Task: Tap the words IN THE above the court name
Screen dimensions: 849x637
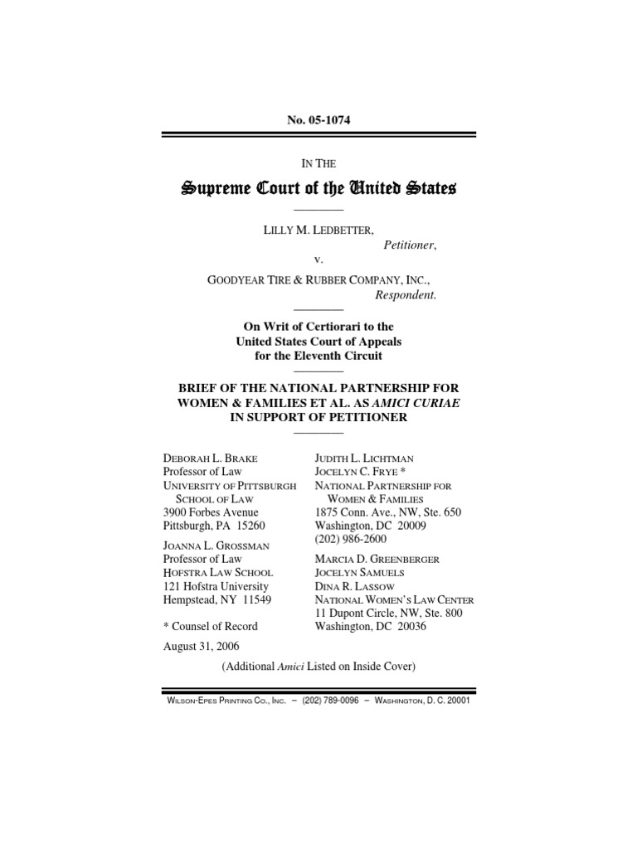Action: coord(318,164)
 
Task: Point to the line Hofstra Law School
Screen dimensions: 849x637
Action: coord(218,572)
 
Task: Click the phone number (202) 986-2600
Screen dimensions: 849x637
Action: coord(352,540)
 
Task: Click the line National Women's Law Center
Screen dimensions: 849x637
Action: coord(393,599)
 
